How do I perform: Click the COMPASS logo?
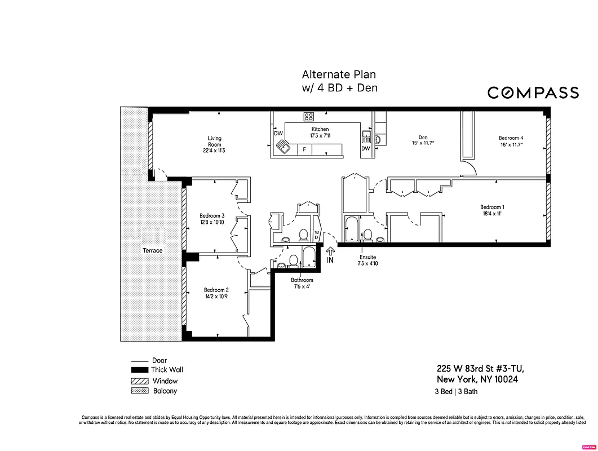point(533,92)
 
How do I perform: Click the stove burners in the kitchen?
point(309,117)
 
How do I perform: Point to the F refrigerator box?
point(304,149)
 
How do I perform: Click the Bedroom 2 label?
point(216,293)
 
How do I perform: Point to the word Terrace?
point(152,250)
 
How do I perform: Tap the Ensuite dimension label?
point(368,260)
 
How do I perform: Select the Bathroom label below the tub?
point(302,283)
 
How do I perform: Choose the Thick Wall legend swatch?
point(139,370)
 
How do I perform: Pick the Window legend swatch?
point(139,381)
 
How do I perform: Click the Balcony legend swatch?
point(139,391)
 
